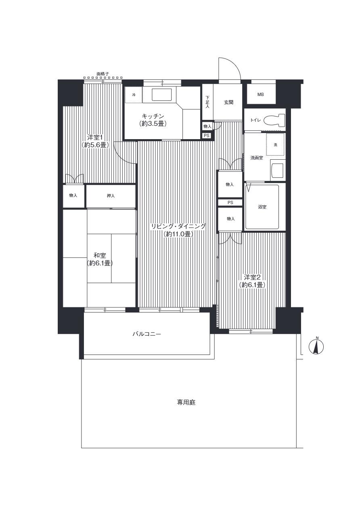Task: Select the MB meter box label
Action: click(261, 94)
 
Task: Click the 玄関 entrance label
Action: click(228, 102)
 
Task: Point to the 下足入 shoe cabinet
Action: click(207, 102)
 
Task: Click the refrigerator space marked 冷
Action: click(134, 95)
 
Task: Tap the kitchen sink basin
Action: click(162, 94)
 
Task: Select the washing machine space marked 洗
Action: click(275, 144)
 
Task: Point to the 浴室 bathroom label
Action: click(262, 207)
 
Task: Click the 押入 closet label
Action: click(111, 196)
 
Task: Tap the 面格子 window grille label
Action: click(103, 74)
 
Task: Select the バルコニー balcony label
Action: click(147, 334)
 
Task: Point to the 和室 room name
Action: click(100, 255)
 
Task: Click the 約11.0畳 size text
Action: click(178, 234)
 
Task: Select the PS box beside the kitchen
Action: click(207, 136)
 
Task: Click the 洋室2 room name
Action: click(252, 277)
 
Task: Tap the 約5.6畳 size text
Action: click(95, 145)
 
